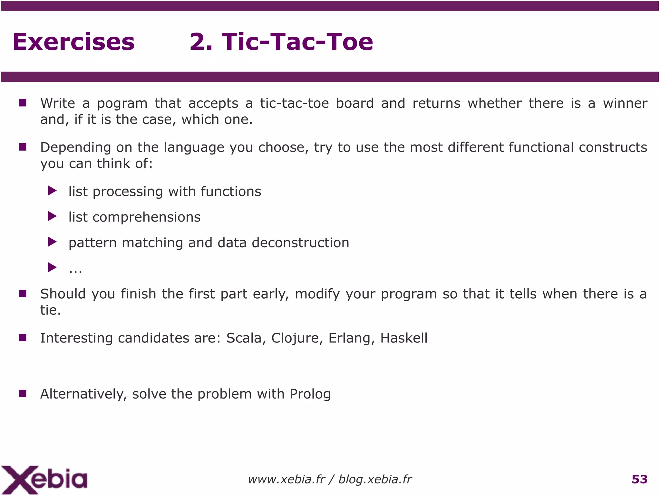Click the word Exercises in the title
[73, 42]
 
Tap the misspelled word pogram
[122, 104]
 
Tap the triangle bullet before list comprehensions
[52, 216]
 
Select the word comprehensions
[146, 217]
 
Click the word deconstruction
[300, 243]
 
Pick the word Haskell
[404, 338]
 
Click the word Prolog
[310, 394]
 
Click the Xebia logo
[44, 480]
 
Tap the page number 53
[639, 480]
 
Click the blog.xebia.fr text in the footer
[375, 480]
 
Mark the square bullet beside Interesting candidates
[23, 338]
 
